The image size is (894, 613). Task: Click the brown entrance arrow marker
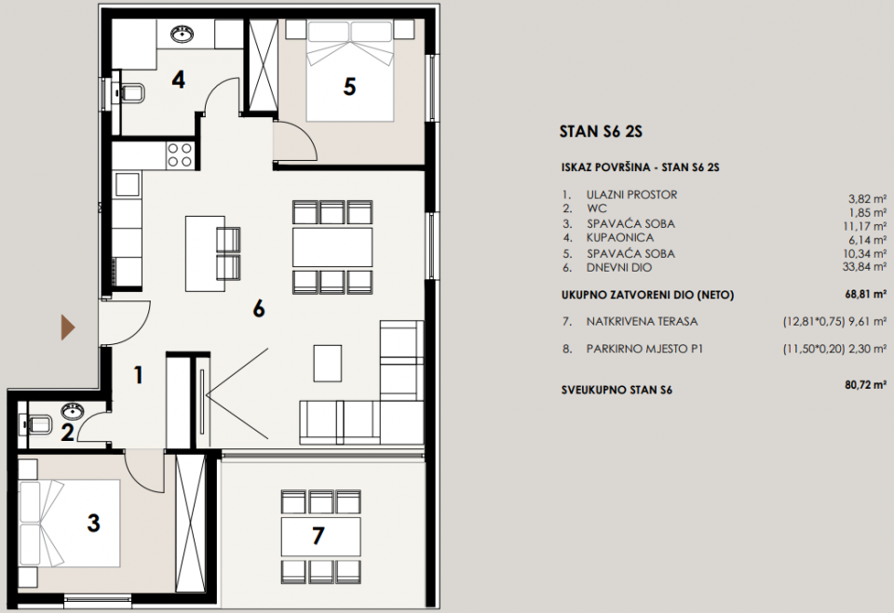click(68, 326)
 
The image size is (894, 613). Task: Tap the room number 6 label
click(259, 309)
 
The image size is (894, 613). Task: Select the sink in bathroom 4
click(182, 35)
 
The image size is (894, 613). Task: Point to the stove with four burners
click(180, 155)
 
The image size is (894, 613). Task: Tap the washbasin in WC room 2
click(71, 410)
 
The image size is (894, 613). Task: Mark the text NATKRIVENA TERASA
click(643, 322)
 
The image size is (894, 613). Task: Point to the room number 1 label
click(138, 376)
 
